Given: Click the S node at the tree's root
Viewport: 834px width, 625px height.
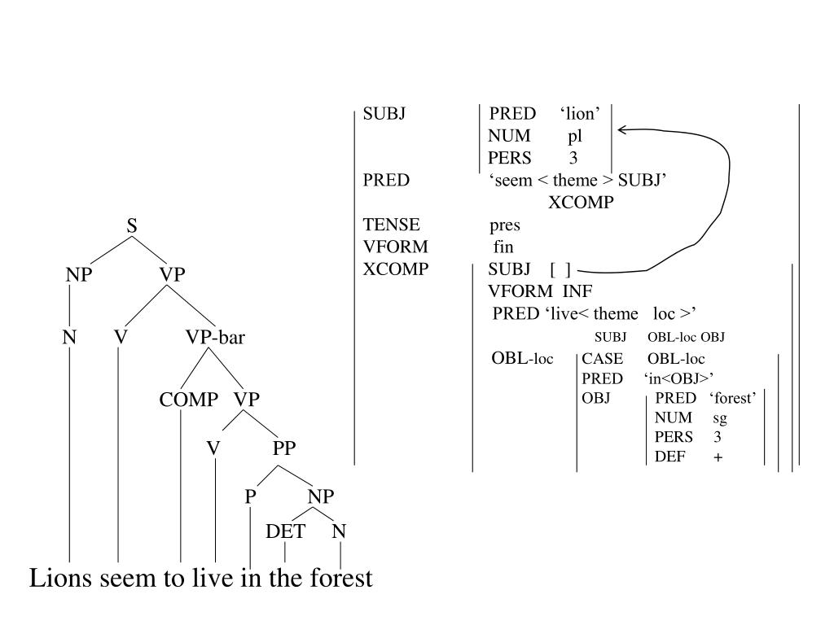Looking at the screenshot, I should [x=132, y=225].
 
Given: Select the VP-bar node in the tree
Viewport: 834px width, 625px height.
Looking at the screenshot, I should [x=215, y=336].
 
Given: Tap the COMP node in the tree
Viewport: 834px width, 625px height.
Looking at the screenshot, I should [x=189, y=400].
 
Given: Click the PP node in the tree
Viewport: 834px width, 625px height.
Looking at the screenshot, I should [x=284, y=448].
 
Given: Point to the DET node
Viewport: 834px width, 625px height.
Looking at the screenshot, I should [x=286, y=531].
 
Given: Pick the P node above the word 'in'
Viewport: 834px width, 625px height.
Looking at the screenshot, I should [x=251, y=496].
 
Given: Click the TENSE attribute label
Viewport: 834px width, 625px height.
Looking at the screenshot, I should [x=392, y=225].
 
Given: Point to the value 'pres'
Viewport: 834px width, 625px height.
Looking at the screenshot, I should [x=505, y=225].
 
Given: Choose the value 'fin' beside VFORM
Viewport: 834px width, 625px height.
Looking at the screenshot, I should [x=503, y=247].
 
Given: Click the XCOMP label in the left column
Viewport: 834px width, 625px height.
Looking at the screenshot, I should [x=395, y=269].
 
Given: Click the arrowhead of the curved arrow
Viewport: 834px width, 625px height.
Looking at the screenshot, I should [x=622, y=129].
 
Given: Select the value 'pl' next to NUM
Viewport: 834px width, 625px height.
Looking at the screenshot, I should [x=575, y=136].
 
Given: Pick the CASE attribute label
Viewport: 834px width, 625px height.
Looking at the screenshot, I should [x=602, y=358].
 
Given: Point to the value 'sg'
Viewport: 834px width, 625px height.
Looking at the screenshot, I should [x=719, y=417].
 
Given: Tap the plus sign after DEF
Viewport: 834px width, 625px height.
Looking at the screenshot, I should [x=718, y=457].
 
